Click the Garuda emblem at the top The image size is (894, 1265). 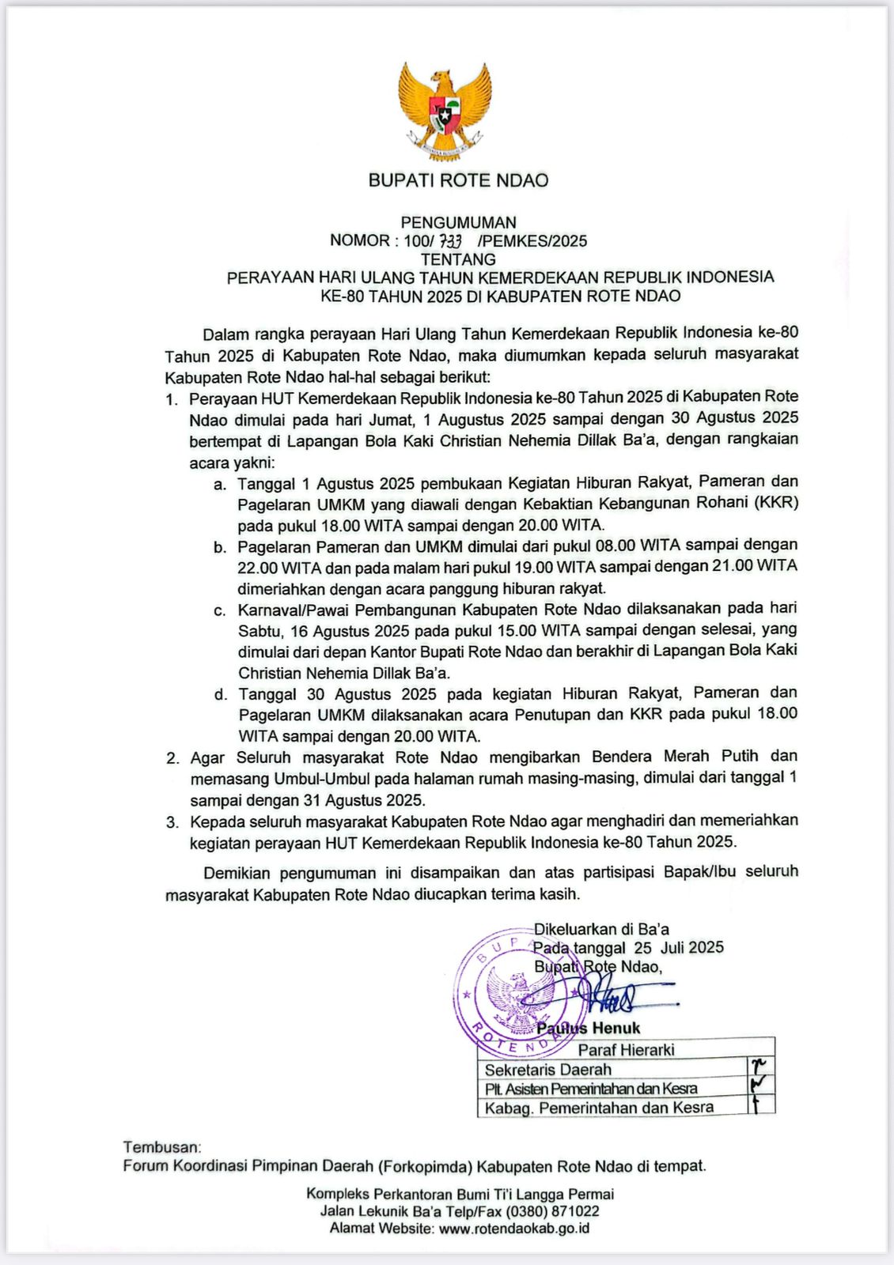(445, 108)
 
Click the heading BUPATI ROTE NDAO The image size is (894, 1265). (458, 180)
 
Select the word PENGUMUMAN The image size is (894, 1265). (458, 223)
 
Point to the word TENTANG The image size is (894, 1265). (458, 259)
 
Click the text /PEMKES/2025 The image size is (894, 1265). (532, 241)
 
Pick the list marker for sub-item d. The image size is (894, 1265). (220, 695)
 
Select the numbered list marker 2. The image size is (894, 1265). (172, 758)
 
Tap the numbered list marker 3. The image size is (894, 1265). (172, 822)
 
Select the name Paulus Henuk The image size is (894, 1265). (588, 1028)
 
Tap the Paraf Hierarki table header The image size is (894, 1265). (626, 1049)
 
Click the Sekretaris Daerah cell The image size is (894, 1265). (547, 1069)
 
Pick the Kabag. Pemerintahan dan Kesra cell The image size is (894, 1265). (599, 1108)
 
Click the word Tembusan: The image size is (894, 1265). (162, 1146)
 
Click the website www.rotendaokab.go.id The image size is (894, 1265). (514, 1229)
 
